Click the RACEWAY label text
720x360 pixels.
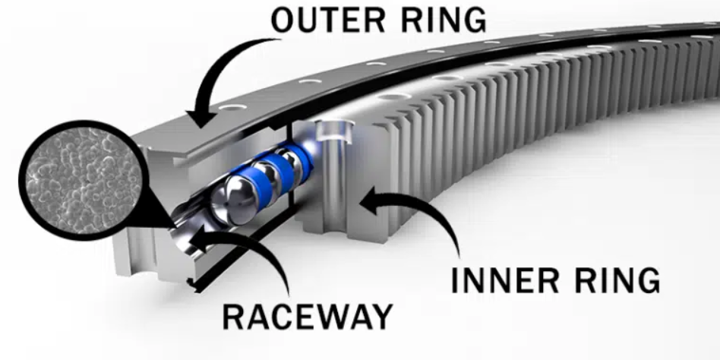[307, 317]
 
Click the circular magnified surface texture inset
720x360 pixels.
[82, 180]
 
